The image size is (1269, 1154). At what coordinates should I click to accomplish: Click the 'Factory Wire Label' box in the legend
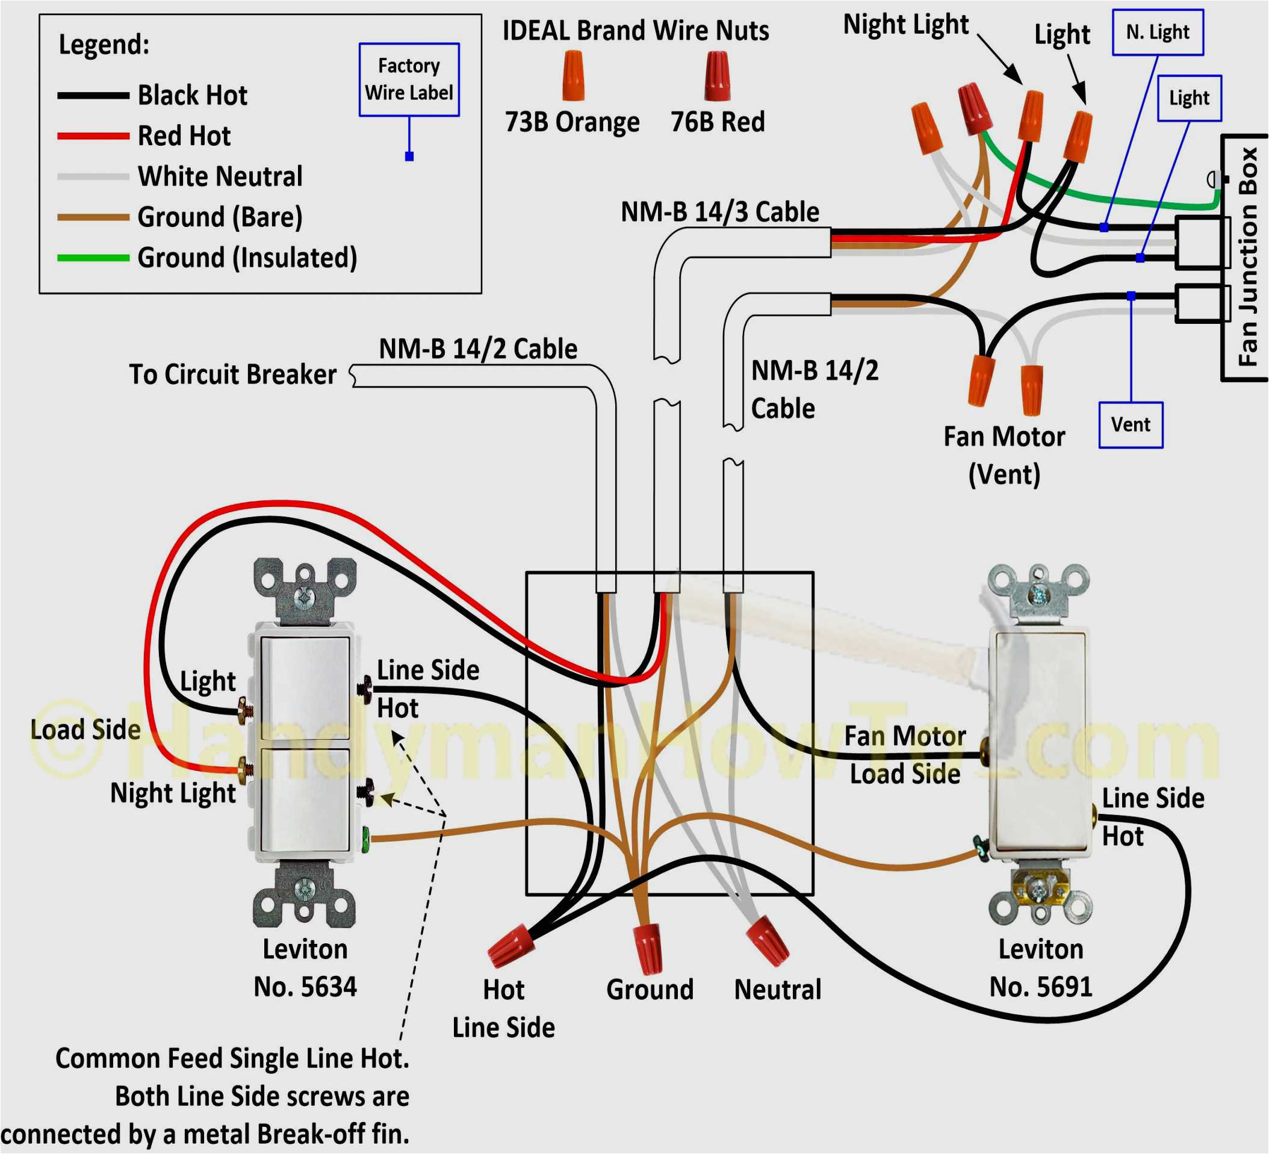[x=409, y=80]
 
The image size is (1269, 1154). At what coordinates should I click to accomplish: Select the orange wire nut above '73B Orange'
[x=573, y=75]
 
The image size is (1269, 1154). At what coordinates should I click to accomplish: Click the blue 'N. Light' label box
[x=1157, y=33]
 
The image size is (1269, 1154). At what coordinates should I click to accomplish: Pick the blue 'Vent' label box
[x=1130, y=425]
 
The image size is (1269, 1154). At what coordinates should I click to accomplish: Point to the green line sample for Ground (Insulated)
[x=93, y=258]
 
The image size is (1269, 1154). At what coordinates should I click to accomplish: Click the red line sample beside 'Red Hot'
[x=93, y=136]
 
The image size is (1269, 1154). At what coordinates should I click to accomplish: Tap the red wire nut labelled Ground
[x=649, y=948]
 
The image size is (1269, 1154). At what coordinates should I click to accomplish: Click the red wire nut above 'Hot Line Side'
[x=510, y=945]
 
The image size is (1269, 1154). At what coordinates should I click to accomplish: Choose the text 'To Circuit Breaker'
[x=232, y=374]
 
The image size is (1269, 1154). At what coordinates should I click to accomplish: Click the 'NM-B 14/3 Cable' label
[x=719, y=212]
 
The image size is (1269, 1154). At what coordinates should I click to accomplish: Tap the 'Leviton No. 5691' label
[x=1040, y=967]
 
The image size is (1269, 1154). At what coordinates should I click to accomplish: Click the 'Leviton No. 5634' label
[x=305, y=967]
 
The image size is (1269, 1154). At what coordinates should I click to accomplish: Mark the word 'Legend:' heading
[x=104, y=45]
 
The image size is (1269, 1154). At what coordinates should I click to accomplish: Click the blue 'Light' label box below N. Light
[x=1188, y=98]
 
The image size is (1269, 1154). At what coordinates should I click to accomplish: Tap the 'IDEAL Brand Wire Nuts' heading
[x=635, y=30]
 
